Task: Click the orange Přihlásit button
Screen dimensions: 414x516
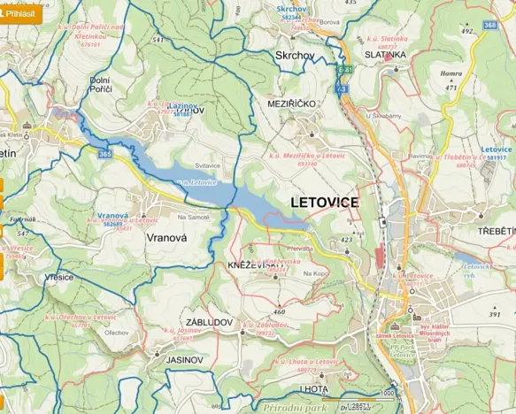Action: (x=21, y=14)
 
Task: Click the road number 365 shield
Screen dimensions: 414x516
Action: (x=106, y=154)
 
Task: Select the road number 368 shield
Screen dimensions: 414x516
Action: (x=489, y=26)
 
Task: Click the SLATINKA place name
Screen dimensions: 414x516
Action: (x=384, y=54)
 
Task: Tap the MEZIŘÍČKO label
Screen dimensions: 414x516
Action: (x=291, y=103)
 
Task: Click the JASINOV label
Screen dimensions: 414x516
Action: (x=185, y=361)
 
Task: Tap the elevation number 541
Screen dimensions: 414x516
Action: (x=158, y=40)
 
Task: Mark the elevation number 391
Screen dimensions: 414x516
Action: (x=494, y=314)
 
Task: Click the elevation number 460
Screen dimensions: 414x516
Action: (x=280, y=311)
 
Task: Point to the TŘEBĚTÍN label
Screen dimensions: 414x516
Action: (x=497, y=230)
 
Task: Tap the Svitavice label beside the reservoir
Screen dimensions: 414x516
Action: (x=206, y=165)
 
